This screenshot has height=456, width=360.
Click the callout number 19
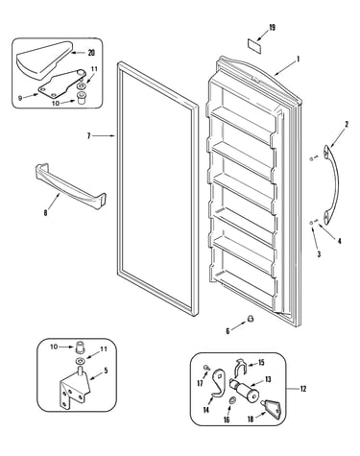click(x=272, y=28)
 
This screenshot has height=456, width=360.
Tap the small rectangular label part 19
click(x=254, y=46)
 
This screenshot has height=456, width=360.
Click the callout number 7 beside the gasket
click(x=89, y=136)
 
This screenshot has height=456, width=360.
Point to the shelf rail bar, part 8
click(x=70, y=185)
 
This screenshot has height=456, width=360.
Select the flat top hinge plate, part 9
click(x=62, y=84)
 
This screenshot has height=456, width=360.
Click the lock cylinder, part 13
click(x=245, y=389)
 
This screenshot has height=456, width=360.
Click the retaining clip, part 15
click(x=240, y=368)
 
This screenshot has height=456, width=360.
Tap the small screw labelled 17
click(x=206, y=368)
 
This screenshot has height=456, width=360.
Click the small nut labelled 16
click(x=232, y=400)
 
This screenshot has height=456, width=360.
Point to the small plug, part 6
click(x=252, y=319)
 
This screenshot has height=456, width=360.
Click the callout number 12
click(x=303, y=389)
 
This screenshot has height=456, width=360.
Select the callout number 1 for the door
click(x=299, y=59)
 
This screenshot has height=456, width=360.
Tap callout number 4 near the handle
click(x=339, y=241)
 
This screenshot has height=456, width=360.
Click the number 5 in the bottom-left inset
click(x=106, y=371)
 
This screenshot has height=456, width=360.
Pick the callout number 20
click(x=91, y=53)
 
